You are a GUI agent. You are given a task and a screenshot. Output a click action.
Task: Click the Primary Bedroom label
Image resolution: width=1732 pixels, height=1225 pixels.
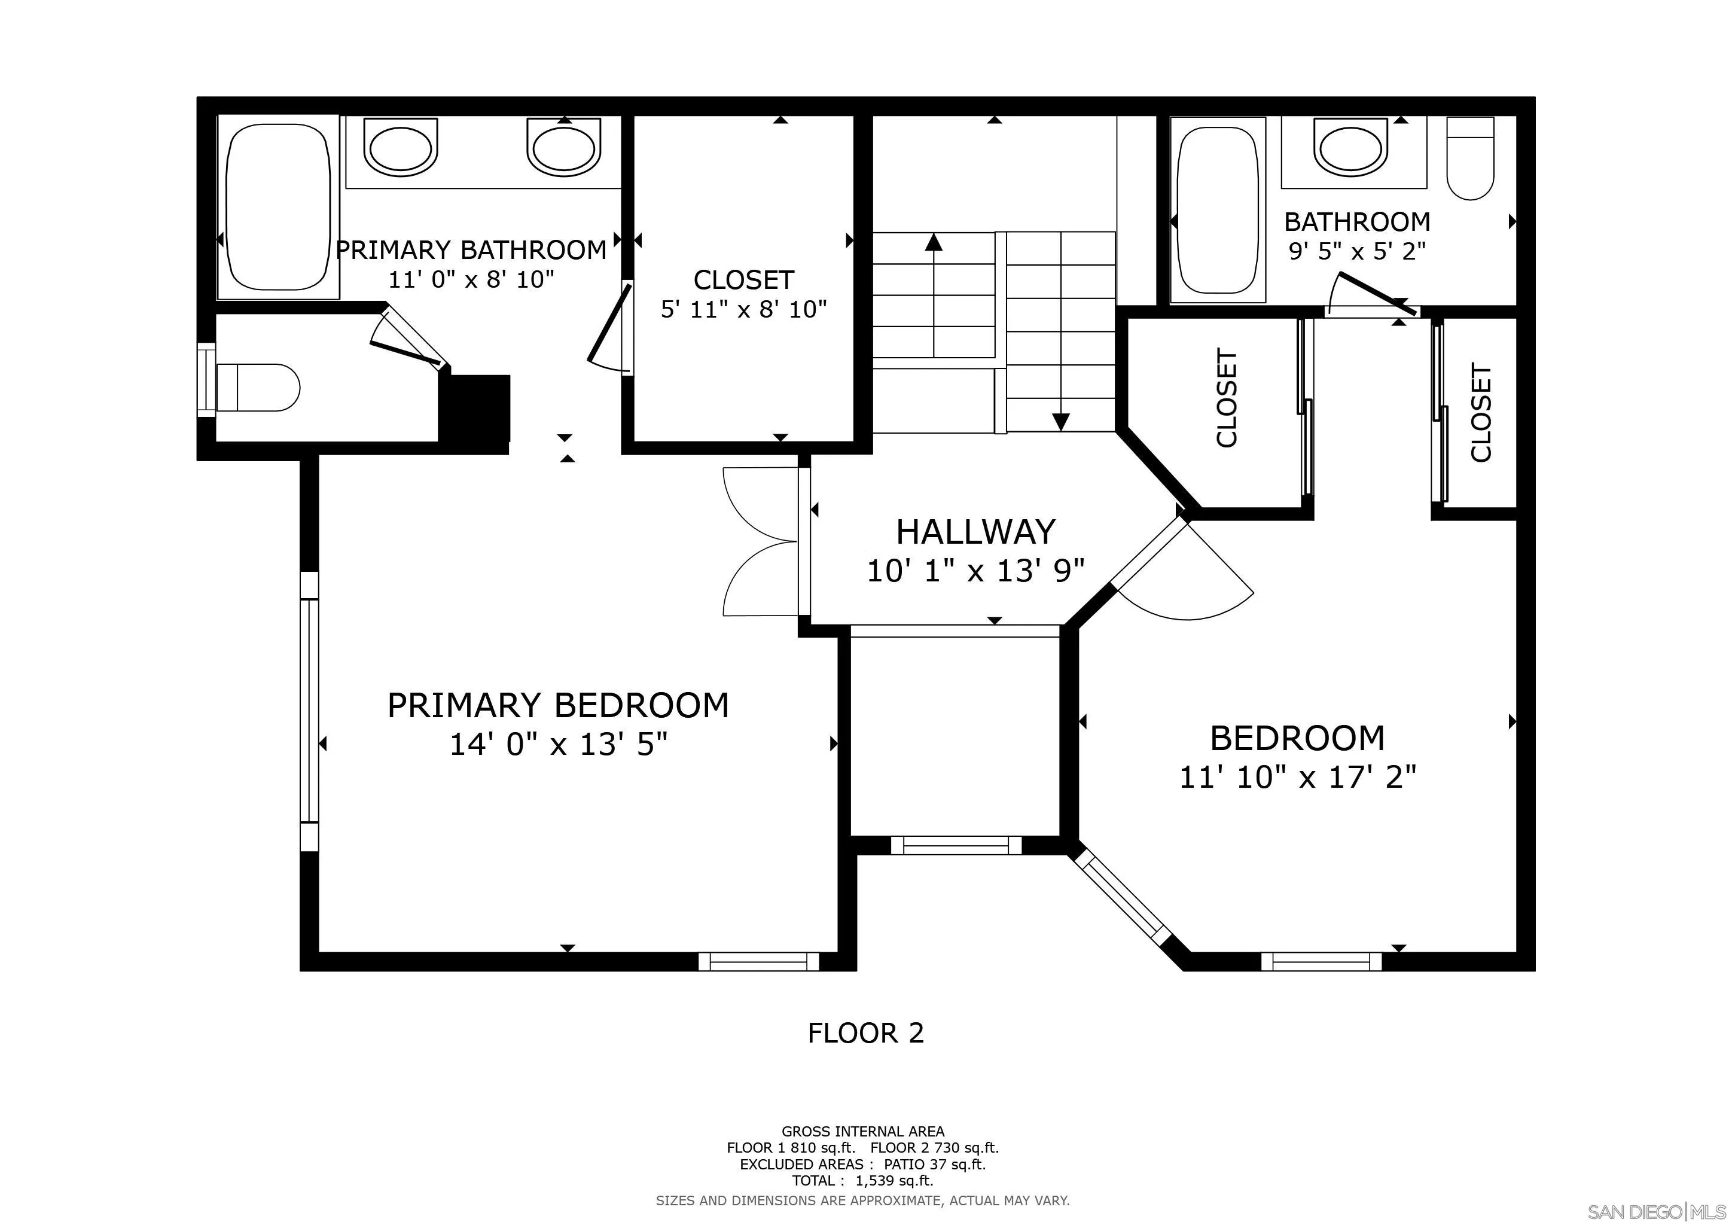click(558, 705)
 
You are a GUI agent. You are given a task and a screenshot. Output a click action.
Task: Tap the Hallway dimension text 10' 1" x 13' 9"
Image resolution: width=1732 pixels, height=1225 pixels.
click(975, 571)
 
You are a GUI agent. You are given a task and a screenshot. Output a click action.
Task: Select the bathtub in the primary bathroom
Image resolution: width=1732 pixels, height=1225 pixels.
click(278, 208)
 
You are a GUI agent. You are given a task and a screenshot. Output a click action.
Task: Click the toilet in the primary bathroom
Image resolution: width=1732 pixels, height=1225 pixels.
click(258, 388)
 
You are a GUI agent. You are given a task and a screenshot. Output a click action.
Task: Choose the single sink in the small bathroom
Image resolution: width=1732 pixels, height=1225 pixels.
click(1350, 148)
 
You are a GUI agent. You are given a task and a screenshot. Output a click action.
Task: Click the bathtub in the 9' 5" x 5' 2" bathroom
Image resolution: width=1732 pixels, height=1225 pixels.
click(1218, 211)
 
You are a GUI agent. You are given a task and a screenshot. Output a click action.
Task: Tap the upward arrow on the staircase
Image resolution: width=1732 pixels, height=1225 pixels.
click(934, 294)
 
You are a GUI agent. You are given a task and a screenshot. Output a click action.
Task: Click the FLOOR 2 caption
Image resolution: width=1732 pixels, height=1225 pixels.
click(865, 1032)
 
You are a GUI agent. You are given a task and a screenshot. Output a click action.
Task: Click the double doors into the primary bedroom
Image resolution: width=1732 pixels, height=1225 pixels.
click(762, 541)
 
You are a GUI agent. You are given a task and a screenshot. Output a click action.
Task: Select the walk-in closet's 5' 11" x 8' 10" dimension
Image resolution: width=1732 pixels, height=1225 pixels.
click(744, 309)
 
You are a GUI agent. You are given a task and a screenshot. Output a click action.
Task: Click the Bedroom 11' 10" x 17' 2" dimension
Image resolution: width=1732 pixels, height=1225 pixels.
click(1297, 776)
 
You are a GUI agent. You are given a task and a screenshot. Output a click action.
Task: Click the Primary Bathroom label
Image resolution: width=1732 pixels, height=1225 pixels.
click(471, 249)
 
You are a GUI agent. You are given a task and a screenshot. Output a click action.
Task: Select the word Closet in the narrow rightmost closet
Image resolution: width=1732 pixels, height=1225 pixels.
click(1481, 413)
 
